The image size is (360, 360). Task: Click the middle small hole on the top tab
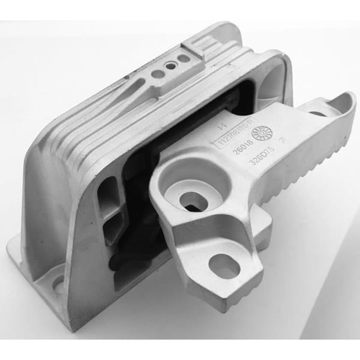tap(171, 66)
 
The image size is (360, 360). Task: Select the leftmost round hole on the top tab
tap(158, 74)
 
